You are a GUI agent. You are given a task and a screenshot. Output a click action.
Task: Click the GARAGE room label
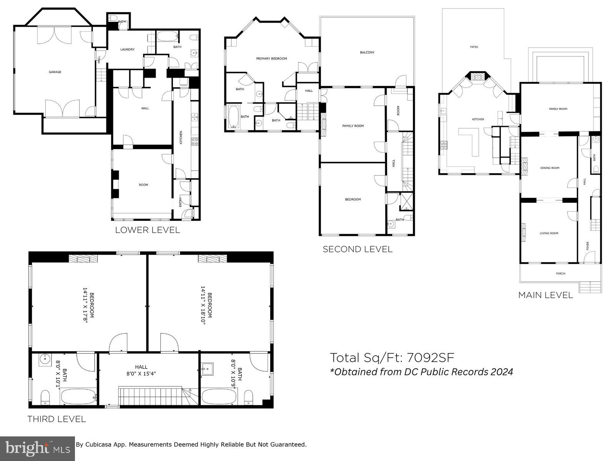55,72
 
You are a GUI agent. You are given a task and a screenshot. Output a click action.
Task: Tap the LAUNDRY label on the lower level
127,50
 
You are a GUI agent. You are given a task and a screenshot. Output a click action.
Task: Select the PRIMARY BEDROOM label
272,59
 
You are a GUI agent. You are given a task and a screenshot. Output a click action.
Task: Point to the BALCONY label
367,53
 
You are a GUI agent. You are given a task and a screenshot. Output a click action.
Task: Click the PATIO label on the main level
474,47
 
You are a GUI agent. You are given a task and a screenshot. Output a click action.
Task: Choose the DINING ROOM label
550,168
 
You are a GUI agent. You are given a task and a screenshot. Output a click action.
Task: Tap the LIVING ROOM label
549,233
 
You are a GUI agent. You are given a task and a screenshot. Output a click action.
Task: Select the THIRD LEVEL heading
57,419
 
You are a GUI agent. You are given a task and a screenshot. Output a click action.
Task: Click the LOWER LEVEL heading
148,230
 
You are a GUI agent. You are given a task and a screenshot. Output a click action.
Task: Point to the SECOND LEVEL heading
357,249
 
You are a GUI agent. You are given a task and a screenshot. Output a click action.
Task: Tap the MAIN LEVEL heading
545,295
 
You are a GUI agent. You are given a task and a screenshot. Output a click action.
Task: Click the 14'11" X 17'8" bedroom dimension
86,305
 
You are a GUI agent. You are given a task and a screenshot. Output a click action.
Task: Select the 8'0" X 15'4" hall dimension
141,373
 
